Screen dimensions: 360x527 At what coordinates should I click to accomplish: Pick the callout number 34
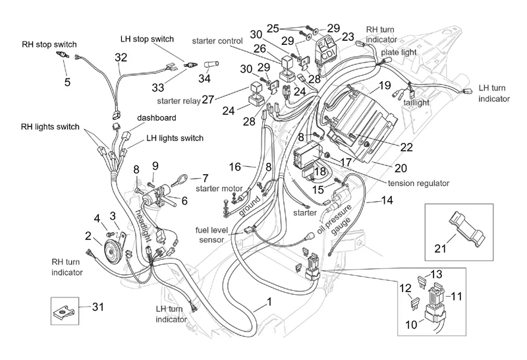pyautogui.click(x=205, y=80)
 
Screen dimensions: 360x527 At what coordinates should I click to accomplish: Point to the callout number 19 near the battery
pyautogui.click(x=385, y=85)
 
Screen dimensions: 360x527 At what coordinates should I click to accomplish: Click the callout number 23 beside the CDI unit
pyautogui.click(x=348, y=36)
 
